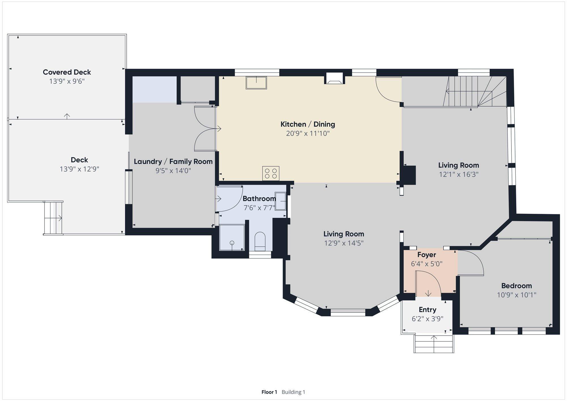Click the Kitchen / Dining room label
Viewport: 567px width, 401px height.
pyautogui.click(x=308, y=124)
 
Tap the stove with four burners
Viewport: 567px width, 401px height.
pyautogui.click(x=271, y=173)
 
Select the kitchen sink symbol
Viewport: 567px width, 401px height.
pyautogui.click(x=256, y=83)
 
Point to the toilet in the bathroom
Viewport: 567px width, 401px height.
pyautogui.click(x=260, y=241)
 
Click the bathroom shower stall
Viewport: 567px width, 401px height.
pyautogui.click(x=232, y=237)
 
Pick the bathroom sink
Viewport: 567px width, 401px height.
pyautogui.click(x=280, y=201)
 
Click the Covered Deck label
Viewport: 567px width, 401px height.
pyautogui.click(x=67, y=72)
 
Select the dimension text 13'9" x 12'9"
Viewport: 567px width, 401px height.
pyautogui.click(x=79, y=169)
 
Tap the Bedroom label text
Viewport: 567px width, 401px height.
pyautogui.click(x=517, y=286)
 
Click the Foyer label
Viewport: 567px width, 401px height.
pyautogui.click(x=427, y=255)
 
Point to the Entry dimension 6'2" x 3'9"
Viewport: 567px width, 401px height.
pyautogui.click(x=428, y=319)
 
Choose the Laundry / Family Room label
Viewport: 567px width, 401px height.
pyautogui.click(x=173, y=161)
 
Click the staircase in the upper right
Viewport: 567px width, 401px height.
pyautogui.click(x=476, y=91)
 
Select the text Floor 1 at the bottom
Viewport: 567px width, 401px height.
pyautogui.click(x=269, y=392)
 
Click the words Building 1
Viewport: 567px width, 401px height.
pyautogui.click(x=293, y=392)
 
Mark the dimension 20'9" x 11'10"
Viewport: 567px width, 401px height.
pyautogui.click(x=308, y=133)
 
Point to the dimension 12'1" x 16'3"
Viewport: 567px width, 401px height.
pyautogui.click(x=459, y=174)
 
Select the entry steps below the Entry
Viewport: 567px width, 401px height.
pyautogui.click(x=434, y=344)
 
